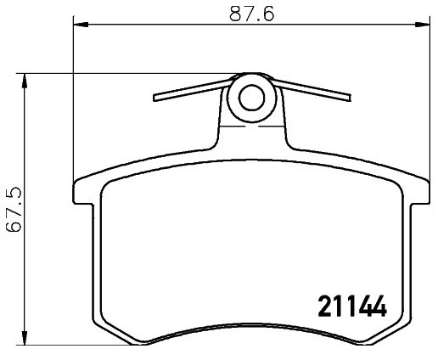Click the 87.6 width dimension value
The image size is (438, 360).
pyautogui.click(x=251, y=14)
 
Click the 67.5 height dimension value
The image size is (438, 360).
pyautogui.click(x=14, y=209)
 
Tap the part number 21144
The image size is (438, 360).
pyautogui.click(x=352, y=306)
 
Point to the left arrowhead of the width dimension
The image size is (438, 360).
pyautogui.click(x=81, y=25)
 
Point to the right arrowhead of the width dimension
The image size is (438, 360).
pyautogui.click(x=422, y=25)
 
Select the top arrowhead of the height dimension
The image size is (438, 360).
pyautogui.click(x=25, y=82)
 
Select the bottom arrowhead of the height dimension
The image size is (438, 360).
pyautogui.click(x=25, y=337)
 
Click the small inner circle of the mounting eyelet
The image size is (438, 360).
pyautogui.click(x=251, y=98)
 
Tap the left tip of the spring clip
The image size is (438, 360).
pyautogui.click(x=154, y=98)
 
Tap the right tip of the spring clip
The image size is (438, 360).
pyautogui.click(x=350, y=98)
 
